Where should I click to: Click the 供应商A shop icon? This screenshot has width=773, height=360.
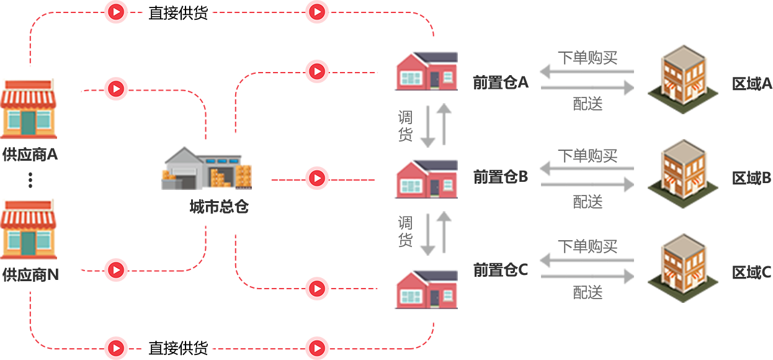[x=28, y=109]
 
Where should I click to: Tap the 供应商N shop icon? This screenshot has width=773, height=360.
[x=28, y=228]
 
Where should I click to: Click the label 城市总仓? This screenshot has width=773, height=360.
[x=218, y=207]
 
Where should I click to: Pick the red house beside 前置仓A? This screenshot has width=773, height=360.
[x=426, y=71]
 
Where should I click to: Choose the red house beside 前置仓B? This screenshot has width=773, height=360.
[x=426, y=179]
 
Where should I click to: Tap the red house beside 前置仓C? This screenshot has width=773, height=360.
[x=426, y=288]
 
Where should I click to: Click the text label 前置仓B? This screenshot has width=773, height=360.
[x=500, y=178]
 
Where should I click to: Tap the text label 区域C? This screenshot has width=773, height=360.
[x=751, y=272]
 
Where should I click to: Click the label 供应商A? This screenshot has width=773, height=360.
[x=30, y=155]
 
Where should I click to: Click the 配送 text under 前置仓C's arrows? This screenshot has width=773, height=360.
[x=588, y=292]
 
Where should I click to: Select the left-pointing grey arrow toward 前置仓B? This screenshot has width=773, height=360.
[x=586, y=168]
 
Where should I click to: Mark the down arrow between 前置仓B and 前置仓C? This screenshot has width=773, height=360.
[x=427, y=235]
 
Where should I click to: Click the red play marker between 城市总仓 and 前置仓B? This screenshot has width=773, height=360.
[x=316, y=179]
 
